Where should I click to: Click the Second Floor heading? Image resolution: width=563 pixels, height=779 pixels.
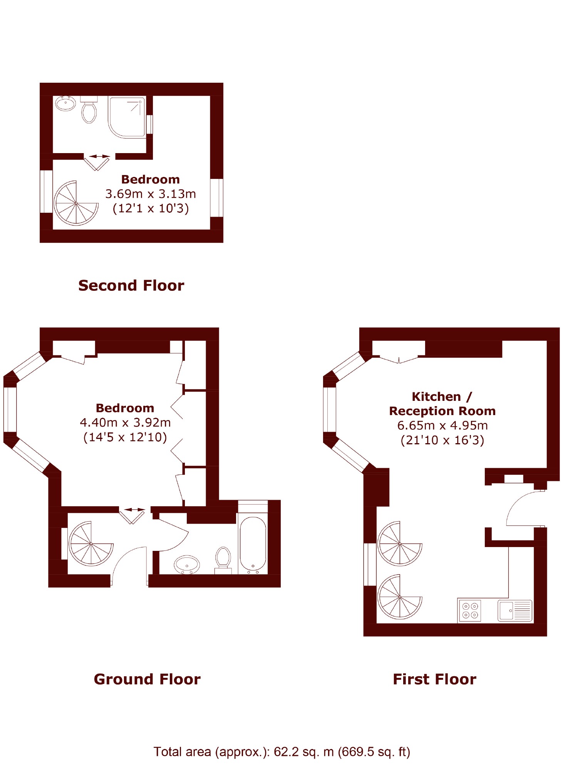(131, 285)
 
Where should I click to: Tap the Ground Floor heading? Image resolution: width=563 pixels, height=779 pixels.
(147, 679)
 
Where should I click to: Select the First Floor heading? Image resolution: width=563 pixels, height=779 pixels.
(434, 679)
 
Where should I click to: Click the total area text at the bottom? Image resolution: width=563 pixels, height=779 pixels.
(282, 751)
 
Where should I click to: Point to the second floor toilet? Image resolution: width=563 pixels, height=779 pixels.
(89, 110)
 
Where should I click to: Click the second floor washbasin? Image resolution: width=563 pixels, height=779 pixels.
(65, 103)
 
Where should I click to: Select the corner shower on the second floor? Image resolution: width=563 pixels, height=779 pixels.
(127, 117)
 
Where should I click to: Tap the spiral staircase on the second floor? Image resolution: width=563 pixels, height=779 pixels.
(76, 203)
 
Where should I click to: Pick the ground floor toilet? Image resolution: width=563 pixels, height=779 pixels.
(223, 560)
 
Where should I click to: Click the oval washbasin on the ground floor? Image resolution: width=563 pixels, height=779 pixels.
(187, 565)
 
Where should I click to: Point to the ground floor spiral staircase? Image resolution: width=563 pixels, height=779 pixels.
(91, 543)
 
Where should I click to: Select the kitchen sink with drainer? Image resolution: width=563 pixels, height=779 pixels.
(515, 611)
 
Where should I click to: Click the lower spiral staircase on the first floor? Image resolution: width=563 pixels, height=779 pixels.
(400, 597)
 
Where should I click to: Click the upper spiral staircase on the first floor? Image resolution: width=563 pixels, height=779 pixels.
(400, 543)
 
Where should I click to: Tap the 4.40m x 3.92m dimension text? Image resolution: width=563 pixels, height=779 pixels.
(125, 422)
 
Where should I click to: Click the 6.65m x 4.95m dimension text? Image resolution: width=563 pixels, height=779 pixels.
(442, 425)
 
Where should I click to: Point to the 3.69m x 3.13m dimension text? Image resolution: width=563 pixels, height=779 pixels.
(151, 193)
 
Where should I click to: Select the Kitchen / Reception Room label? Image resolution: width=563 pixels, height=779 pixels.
(442, 404)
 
